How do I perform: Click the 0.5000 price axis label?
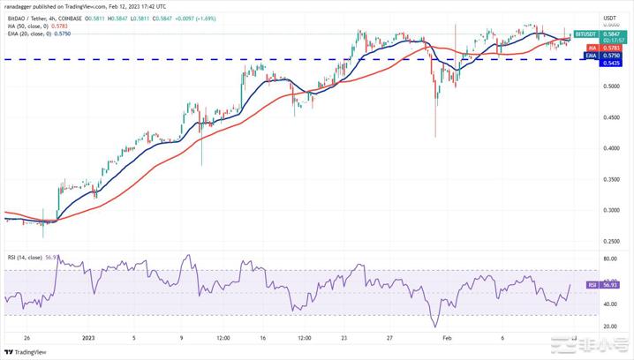[x=609, y=86]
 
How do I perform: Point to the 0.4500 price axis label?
[x=609, y=117]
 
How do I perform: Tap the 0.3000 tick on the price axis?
[x=609, y=210]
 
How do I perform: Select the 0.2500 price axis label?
[x=609, y=241]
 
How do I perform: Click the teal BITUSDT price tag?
[x=584, y=34]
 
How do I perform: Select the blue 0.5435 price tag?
[x=609, y=63]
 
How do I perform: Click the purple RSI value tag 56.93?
[x=608, y=285]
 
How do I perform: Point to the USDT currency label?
[x=609, y=18]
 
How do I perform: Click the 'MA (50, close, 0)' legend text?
[x=26, y=26]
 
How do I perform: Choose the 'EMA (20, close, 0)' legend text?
[x=28, y=34]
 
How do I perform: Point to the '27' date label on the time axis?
[x=389, y=337]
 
